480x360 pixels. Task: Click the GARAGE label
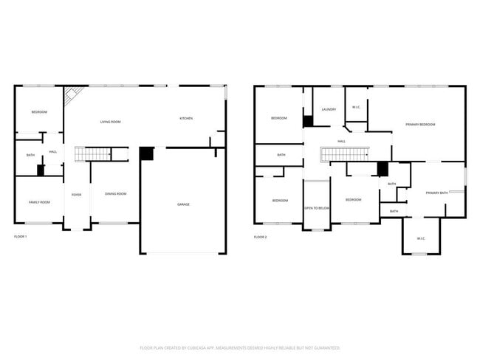pyautogui.click(x=182, y=204)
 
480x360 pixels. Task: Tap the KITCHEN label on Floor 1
pyautogui.click(x=187, y=119)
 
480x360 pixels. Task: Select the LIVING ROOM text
pyautogui.click(x=111, y=122)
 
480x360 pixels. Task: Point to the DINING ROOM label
pyautogui.click(x=115, y=194)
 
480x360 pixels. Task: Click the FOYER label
pyautogui.click(x=76, y=195)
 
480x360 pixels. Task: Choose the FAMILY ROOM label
pyautogui.click(x=39, y=202)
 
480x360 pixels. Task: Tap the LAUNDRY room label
pyautogui.click(x=329, y=109)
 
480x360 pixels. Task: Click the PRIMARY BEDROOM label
pyautogui.click(x=420, y=125)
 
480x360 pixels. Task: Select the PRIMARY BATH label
pyautogui.click(x=437, y=193)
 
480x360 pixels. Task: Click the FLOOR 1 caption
pyautogui.click(x=21, y=237)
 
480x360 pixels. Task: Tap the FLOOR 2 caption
pyautogui.click(x=260, y=237)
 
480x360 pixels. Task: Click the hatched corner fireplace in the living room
pyautogui.click(x=72, y=96)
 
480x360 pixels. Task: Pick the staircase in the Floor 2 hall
pyautogui.click(x=344, y=154)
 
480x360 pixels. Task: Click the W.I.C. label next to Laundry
pyautogui.click(x=356, y=108)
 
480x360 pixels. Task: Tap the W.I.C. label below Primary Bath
pyautogui.click(x=420, y=238)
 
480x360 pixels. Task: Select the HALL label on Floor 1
pyautogui.click(x=53, y=152)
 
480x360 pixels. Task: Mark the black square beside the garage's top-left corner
pyautogui.click(x=146, y=153)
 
